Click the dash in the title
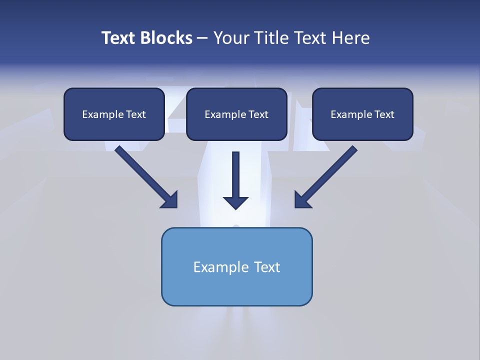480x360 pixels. pos(202,38)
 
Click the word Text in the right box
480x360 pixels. pos(384,114)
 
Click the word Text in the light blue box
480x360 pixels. pos(267,267)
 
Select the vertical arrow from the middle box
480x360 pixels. pos(236,175)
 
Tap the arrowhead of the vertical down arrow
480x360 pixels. pos(236,202)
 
